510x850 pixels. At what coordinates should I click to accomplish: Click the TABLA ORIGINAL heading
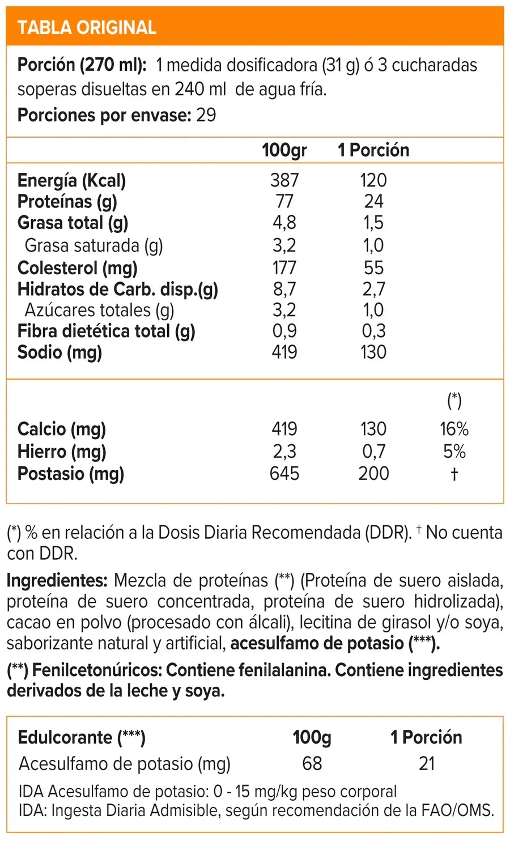click(x=87, y=28)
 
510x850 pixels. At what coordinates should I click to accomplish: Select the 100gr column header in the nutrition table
click(x=284, y=150)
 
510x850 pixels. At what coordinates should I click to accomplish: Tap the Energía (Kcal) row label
click(x=72, y=181)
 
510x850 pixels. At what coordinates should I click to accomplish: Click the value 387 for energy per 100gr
click(x=284, y=180)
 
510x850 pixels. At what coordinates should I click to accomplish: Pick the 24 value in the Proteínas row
click(x=374, y=202)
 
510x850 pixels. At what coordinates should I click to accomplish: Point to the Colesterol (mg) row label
click(x=78, y=268)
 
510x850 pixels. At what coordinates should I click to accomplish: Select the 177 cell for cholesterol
click(x=284, y=268)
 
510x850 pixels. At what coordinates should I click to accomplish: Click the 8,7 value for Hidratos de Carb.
click(x=284, y=290)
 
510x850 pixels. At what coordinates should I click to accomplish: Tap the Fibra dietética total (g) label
click(x=107, y=331)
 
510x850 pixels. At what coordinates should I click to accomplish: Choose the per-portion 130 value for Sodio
click(x=374, y=352)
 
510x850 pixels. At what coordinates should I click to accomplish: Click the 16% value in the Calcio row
click(x=454, y=429)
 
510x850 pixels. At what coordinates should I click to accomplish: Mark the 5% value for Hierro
click(x=454, y=452)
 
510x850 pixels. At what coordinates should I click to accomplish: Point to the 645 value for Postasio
click(x=284, y=474)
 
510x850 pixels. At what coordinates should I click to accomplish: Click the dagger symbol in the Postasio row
click(x=454, y=474)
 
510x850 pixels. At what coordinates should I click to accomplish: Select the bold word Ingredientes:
click(x=57, y=581)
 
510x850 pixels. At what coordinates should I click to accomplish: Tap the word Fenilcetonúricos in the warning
click(x=97, y=670)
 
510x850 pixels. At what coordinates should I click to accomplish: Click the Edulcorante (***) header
click(x=82, y=738)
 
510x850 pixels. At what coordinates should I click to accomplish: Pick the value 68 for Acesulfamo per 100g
click(x=312, y=764)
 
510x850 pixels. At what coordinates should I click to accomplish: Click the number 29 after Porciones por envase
click(x=206, y=115)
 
